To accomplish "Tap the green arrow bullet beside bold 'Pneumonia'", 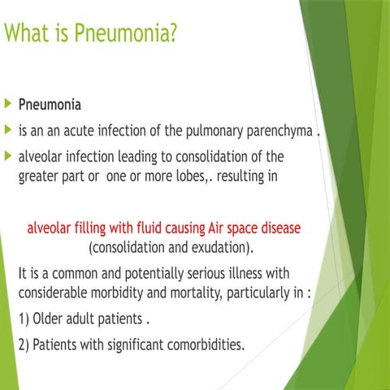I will (x=8, y=106).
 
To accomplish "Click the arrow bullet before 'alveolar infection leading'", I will (x=8, y=154).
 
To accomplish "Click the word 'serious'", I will (x=214, y=272).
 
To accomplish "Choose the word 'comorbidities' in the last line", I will (x=199, y=344).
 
